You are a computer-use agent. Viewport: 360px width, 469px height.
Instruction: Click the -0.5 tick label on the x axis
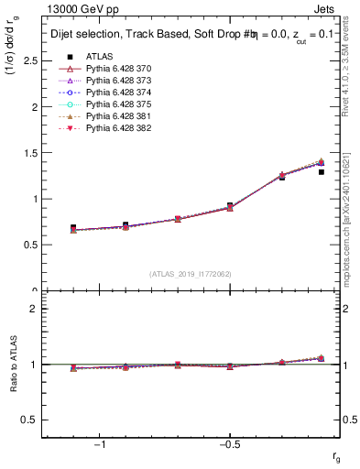pyautogui.click(x=228, y=446)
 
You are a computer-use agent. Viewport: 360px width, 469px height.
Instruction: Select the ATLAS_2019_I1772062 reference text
pyautogui.click(x=191, y=274)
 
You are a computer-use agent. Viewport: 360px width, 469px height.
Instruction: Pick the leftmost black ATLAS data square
pyautogui.click(x=73, y=227)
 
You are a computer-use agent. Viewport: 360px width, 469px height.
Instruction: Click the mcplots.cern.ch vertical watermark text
pyautogui.click(x=350, y=229)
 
